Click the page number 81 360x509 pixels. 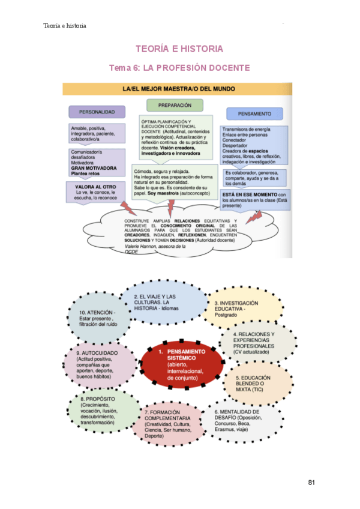pyautogui.click(x=311, y=483)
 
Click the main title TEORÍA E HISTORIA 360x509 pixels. pyautogui.click(x=179, y=49)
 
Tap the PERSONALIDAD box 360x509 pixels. pyautogui.click(x=97, y=112)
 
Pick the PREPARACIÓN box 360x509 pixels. pyautogui.click(x=175, y=105)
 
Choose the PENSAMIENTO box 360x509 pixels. pyautogui.click(x=254, y=113)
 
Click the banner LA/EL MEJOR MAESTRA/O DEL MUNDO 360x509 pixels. pyautogui.click(x=178, y=89)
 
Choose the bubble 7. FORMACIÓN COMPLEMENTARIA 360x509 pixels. pyautogui.click(x=170, y=424)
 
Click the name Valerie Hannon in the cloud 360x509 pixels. pyautogui.click(x=146, y=247)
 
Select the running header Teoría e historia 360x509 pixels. pyautogui.click(x=65, y=26)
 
